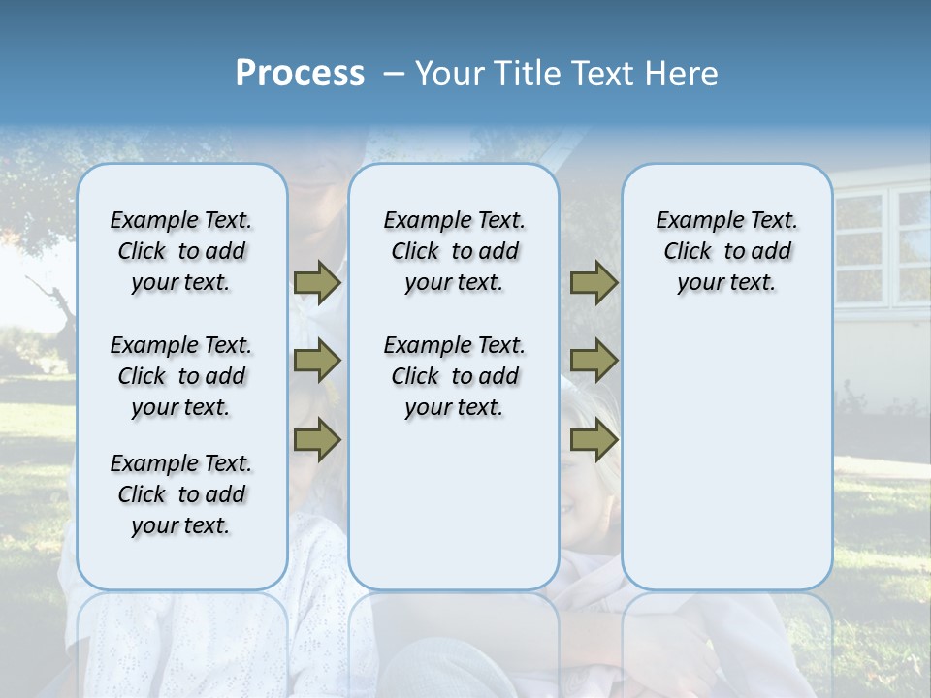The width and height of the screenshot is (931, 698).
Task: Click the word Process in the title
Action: pyautogui.click(x=300, y=74)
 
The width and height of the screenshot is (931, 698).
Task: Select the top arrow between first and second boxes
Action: pyautogui.click(x=316, y=282)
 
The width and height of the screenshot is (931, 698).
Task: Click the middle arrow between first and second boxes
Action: pyautogui.click(x=316, y=361)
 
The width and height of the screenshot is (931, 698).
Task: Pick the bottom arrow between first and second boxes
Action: pyautogui.click(x=316, y=440)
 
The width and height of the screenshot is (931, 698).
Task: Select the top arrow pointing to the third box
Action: pyautogui.click(x=594, y=282)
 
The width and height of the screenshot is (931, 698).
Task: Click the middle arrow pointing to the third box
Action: pyautogui.click(x=594, y=361)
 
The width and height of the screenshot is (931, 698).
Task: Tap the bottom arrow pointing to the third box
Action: pyautogui.click(x=594, y=440)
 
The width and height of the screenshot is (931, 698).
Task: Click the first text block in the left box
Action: pyautogui.click(x=181, y=251)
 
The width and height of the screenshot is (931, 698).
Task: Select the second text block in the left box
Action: pyautogui.click(x=181, y=376)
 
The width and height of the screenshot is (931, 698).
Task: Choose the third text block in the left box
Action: pyautogui.click(x=181, y=494)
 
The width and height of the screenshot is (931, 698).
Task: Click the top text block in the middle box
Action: pyautogui.click(x=454, y=251)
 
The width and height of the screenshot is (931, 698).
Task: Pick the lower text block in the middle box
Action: pyautogui.click(x=454, y=376)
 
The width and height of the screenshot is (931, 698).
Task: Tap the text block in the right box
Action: pyautogui.click(x=726, y=251)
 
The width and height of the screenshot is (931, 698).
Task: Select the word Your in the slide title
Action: pyautogui.click(x=448, y=74)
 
